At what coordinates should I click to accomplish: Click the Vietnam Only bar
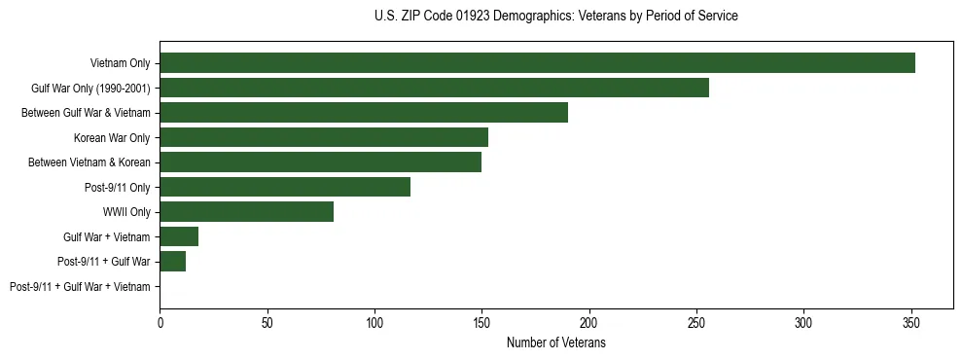(537, 62)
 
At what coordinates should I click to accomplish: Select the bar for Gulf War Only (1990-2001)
(434, 88)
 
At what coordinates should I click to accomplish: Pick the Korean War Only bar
(324, 137)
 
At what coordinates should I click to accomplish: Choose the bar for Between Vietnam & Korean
(320, 162)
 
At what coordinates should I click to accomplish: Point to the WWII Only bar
(247, 211)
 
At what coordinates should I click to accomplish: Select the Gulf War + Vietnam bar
(179, 236)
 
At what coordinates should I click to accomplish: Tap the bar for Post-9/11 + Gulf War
(173, 261)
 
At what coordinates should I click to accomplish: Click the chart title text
(555, 17)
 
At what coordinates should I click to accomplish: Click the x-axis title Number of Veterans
(555, 342)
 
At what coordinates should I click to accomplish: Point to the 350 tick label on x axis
(910, 321)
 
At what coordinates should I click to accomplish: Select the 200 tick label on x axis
(588, 321)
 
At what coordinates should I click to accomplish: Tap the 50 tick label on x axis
(267, 321)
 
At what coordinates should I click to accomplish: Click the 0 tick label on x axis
(160, 321)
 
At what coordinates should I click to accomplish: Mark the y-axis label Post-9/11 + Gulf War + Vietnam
(80, 286)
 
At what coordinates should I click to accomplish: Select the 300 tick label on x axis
(803, 321)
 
